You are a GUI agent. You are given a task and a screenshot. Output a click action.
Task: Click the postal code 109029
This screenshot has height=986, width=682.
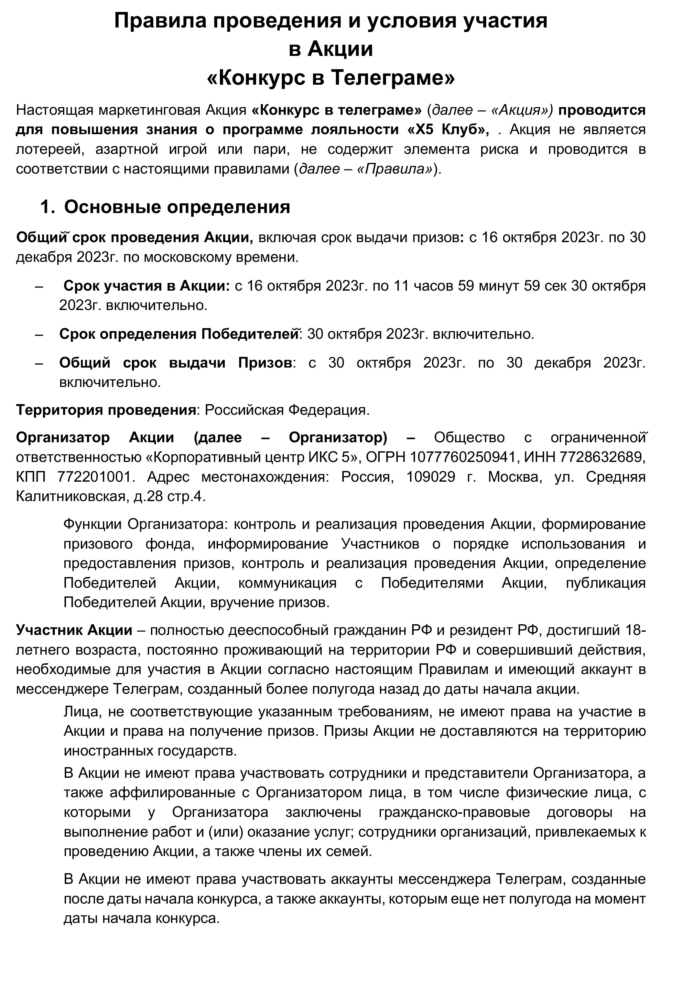(x=430, y=477)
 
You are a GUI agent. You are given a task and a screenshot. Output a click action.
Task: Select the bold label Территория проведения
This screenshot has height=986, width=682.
(x=105, y=410)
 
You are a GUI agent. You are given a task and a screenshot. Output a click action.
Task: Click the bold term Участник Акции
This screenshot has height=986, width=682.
(x=74, y=630)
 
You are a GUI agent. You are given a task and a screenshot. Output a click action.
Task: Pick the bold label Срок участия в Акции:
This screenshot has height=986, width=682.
(x=146, y=286)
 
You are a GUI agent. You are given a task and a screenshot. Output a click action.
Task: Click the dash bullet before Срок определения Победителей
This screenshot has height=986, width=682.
(x=39, y=334)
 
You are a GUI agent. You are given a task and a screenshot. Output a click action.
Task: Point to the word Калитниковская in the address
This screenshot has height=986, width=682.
(x=70, y=497)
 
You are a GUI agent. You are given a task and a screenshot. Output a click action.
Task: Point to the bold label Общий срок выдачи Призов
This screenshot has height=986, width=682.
(x=175, y=363)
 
